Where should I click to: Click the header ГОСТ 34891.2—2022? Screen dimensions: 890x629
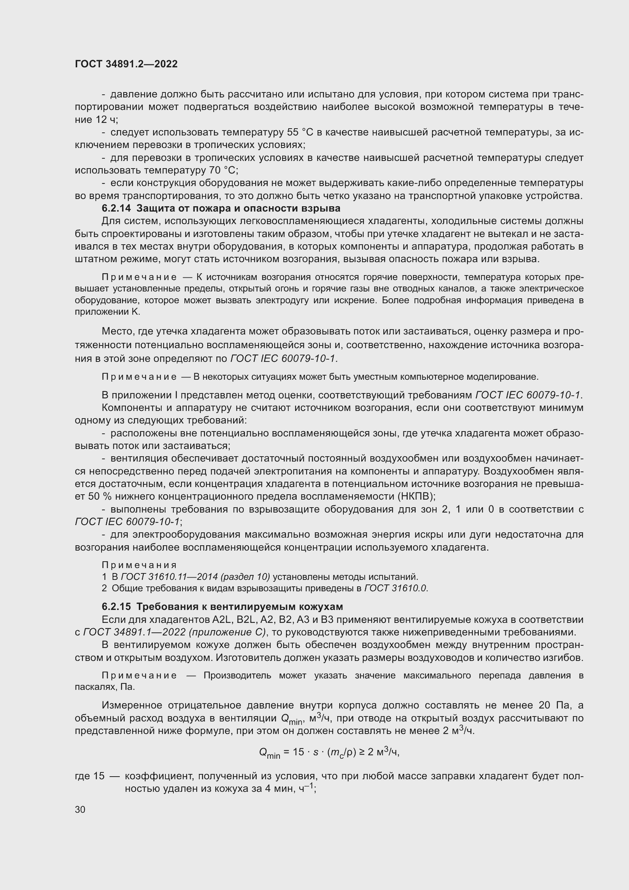click(126, 64)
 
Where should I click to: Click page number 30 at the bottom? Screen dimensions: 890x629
click(80, 809)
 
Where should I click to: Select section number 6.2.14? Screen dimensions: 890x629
click(117, 209)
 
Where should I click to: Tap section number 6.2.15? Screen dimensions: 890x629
click(117, 607)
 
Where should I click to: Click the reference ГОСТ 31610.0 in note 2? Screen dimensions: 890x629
click(396, 588)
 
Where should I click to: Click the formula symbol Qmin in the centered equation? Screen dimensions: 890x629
click(269, 753)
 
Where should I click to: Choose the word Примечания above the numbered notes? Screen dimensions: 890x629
click(139, 565)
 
